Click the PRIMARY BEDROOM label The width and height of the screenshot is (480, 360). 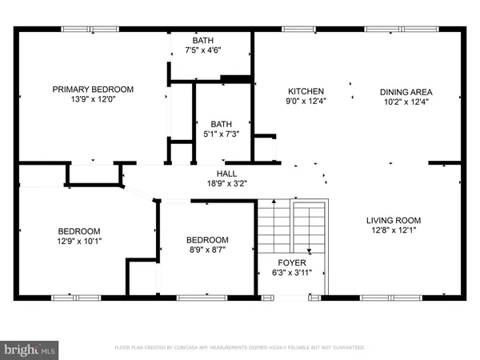tap(93, 90)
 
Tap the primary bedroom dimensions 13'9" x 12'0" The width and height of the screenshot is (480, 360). tap(93, 101)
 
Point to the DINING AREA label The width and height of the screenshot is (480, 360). tap(405, 91)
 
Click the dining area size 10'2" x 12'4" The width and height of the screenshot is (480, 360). tap(405, 102)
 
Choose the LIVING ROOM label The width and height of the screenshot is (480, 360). tap(393, 220)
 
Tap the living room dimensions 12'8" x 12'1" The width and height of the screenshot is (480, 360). tap(393, 231)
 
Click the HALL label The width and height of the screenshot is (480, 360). tap(227, 173)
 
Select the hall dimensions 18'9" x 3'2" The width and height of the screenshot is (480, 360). tap(227, 183)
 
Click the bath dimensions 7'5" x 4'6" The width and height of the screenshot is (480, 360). tap(204, 50)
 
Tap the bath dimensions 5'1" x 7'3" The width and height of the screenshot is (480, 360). tap(221, 134)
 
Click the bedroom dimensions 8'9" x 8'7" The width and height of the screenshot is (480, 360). tap(207, 251)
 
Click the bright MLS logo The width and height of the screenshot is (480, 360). tap(30, 350)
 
